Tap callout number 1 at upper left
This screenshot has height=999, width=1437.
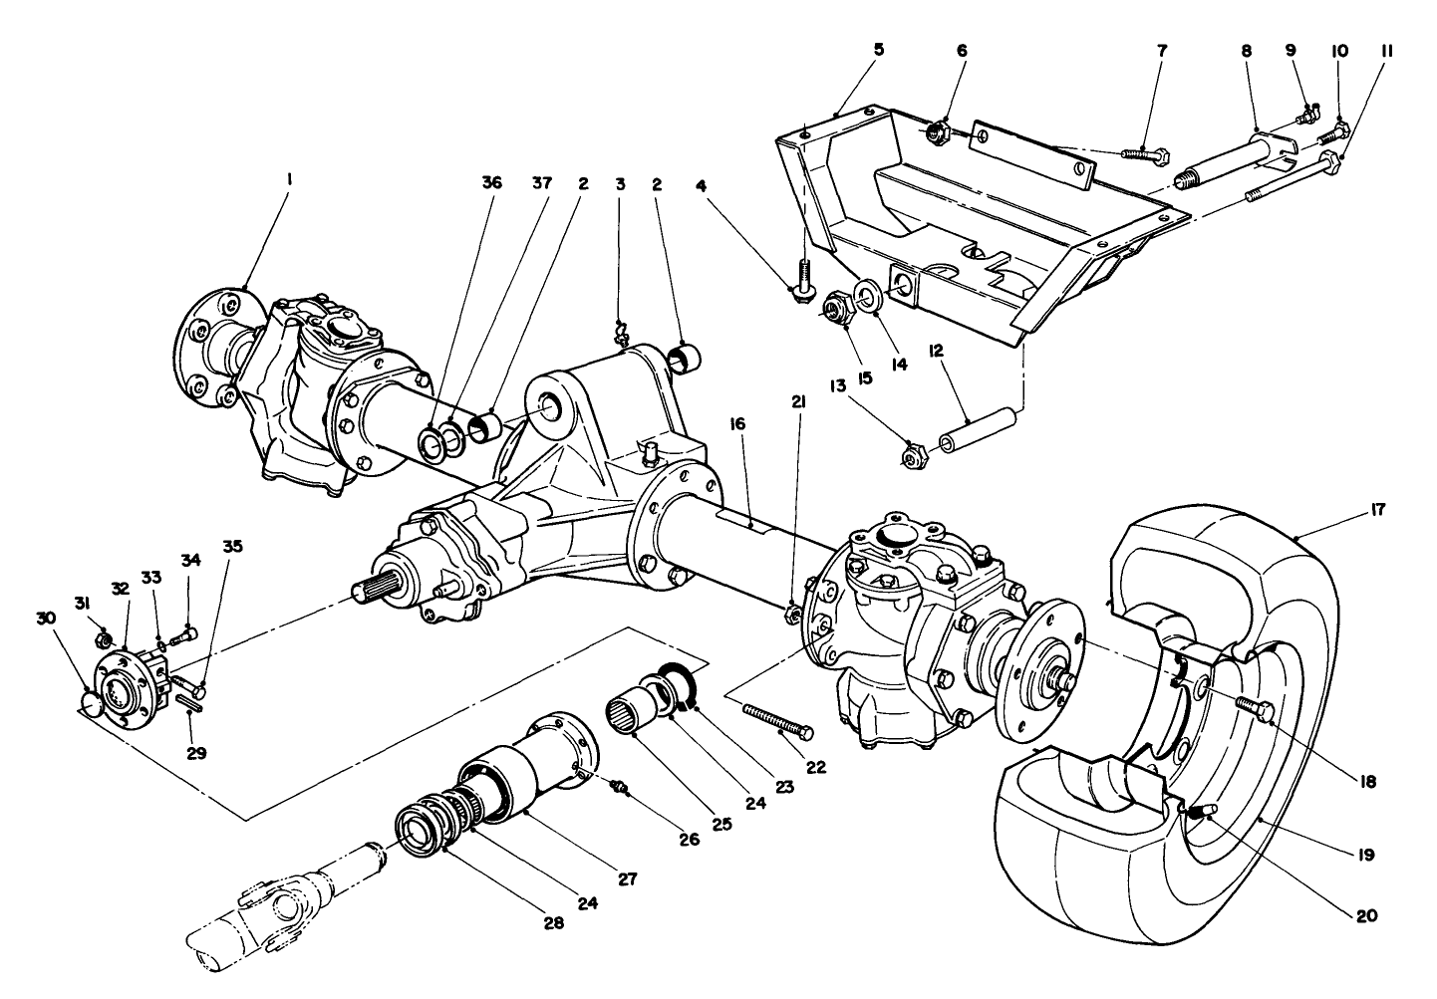289,180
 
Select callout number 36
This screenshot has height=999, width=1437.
491,183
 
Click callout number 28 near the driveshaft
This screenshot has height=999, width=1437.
553,922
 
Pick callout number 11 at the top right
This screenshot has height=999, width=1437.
1386,50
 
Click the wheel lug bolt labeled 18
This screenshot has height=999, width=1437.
1254,706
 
